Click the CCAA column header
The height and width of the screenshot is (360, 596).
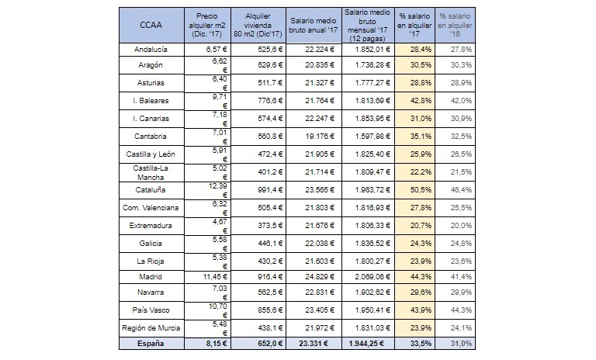[x=151, y=25]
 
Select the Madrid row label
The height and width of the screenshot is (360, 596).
[x=151, y=277]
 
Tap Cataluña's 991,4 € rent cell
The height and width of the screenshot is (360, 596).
[x=270, y=189]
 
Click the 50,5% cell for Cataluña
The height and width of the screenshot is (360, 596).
[x=421, y=189]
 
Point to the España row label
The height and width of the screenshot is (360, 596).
[x=151, y=344]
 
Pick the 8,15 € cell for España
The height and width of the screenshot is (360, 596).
[x=217, y=344]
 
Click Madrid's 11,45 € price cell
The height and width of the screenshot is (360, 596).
[x=215, y=277]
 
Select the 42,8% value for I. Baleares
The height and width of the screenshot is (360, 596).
[x=421, y=101]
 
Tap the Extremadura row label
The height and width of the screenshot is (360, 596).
[x=151, y=226]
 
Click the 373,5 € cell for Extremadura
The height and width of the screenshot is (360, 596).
[x=270, y=226]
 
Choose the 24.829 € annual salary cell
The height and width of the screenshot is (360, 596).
[x=320, y=277]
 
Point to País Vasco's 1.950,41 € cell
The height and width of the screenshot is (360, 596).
[x=372, y=310]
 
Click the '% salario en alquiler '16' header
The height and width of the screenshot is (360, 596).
[x=455, y=25]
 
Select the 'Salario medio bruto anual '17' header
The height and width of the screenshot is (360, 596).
[x=314, y=25]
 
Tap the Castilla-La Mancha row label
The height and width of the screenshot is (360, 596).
[x=151, y=172]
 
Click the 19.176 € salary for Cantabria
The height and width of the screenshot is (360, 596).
[x=320, y=137]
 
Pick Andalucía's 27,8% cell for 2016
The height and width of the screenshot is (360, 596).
[x=461, y=50]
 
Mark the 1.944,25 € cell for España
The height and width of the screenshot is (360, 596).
[x=366, y=344]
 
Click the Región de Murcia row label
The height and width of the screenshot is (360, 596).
[x=151, y=328]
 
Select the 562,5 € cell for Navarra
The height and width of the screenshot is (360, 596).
[x=270, y=292]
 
